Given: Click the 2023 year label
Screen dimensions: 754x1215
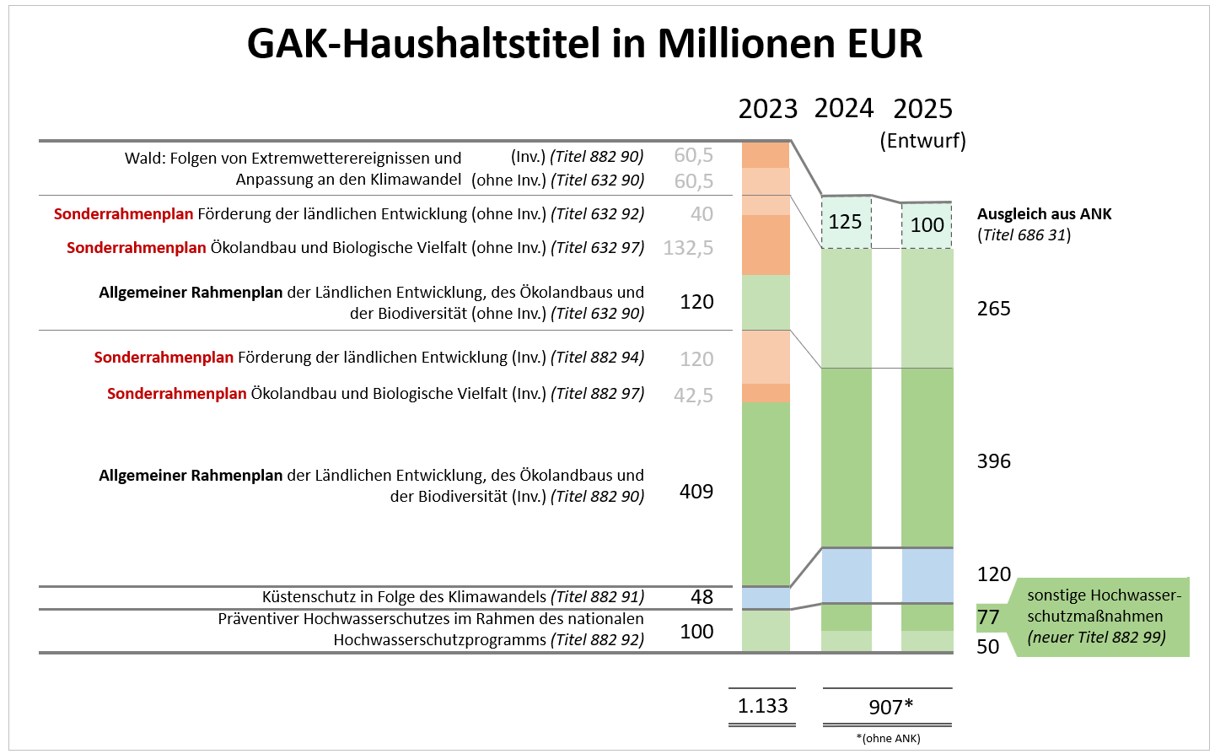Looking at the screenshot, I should click(767, 110).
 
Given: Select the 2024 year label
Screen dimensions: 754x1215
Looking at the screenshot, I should click(843, 109).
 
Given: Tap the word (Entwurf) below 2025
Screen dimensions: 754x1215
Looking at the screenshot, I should click(922, 141).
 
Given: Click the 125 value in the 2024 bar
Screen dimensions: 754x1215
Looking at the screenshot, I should click(845, 222).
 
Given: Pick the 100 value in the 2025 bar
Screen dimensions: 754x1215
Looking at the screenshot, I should click(927, 225).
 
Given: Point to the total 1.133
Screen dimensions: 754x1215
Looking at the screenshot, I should click(762, 706).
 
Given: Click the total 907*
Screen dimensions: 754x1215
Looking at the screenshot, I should click(890, 707).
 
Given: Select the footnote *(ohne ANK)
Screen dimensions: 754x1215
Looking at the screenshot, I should click(888, 739).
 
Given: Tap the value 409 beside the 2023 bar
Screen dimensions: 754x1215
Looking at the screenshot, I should click(696, 492).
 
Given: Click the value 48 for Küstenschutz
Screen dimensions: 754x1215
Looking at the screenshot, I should click(702, 597).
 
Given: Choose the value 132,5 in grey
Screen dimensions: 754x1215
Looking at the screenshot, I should click(688, 248).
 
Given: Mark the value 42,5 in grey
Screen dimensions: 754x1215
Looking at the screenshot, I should click(693, 396).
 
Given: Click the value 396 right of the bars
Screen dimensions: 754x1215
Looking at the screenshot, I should click(993, 461).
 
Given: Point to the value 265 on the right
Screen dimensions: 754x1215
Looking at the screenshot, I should click(993, 309).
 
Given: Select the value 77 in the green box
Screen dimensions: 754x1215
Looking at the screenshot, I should click(988, 617).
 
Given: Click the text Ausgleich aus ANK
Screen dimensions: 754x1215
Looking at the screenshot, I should click(1044, 214).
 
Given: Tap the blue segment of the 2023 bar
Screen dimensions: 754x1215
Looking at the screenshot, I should click(766, 598).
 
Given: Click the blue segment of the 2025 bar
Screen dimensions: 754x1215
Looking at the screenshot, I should click(927, 575).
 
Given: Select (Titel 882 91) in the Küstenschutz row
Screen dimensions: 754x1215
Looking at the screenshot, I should click(597, 597).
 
